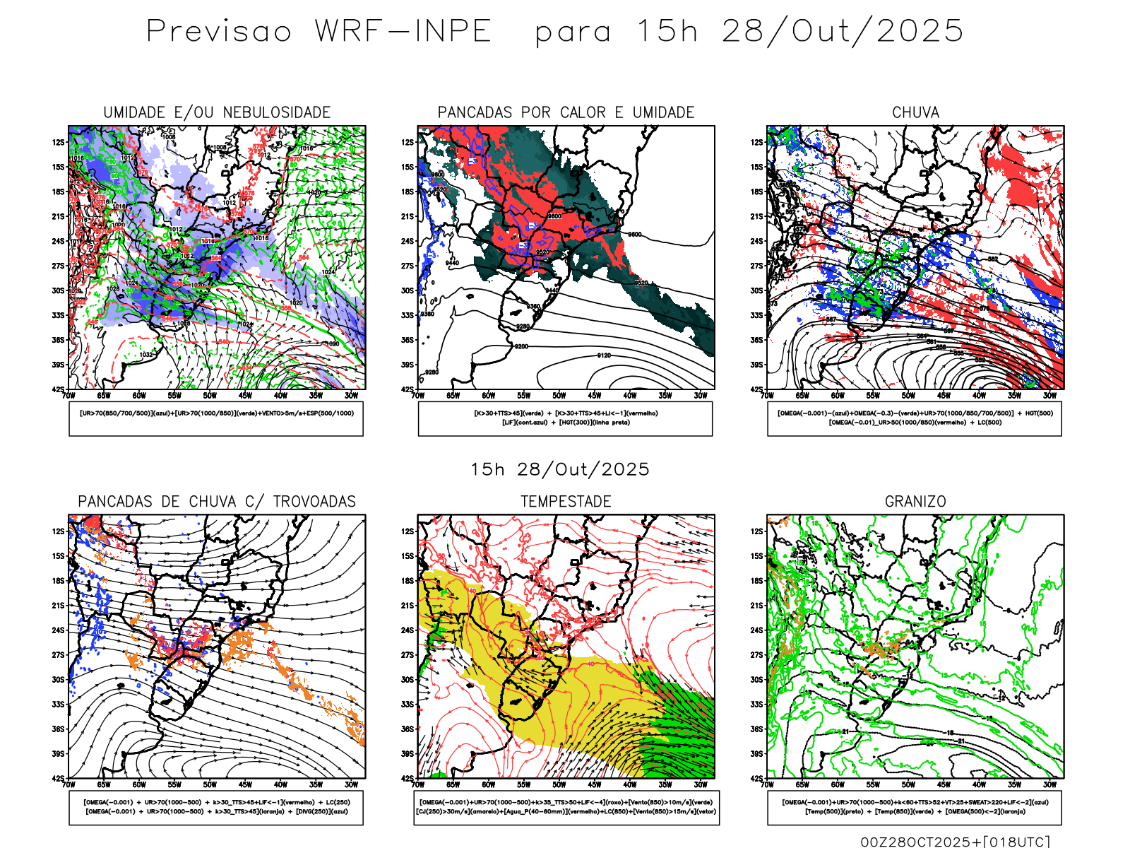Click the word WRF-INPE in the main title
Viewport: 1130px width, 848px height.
pyautogui.click(x=403, y=31)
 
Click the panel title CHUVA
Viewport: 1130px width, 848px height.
pyautogui.click(x=915, y=112)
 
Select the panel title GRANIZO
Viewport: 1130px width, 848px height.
pyautogui.click(x=915, y=501)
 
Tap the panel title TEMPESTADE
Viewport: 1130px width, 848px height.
pyautogui.click(x=566, y=501)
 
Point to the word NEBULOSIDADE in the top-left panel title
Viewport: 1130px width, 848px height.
pyautogui.click(x=277, y=112)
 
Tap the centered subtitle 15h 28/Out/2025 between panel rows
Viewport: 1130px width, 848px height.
pyautogui.click(x=560, y=469)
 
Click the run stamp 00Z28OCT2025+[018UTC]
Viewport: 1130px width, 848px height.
pyautogui.click(x=955, y=842)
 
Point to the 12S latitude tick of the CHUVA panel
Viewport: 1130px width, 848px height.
pyautogui.click(x=756, y=142)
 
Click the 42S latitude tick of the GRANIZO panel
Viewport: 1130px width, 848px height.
pyautogui.click(x=756, y=778)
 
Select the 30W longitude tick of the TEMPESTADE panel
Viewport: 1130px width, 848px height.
pyautogui.click(x=700, y=784)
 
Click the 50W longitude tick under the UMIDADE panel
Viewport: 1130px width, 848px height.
pyautogui.click(x=210, y=396)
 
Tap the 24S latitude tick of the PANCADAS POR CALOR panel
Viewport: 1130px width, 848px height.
pyautogui.click(x=408, y=241)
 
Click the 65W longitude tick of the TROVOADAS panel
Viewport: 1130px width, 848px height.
pyautogui.click(x=104, y=784)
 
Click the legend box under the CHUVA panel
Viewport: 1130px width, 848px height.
pyautogui.click(x=915, y=418)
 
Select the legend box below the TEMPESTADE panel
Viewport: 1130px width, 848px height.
pyautogui.click(x=566, y=807)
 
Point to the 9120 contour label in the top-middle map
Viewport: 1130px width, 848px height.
pyautogui.click(x=604, y=355)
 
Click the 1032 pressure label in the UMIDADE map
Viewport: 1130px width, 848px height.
pyautogui.click(x=146, y=355)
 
